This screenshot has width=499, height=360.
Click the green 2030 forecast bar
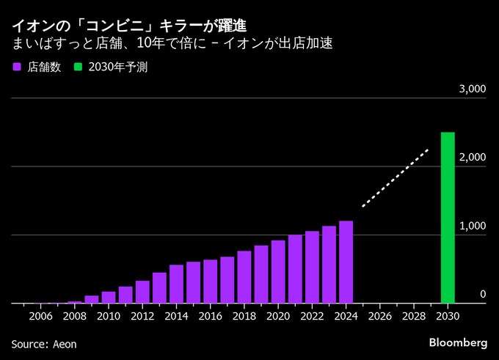point(447,218)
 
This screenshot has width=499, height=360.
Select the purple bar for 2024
point(346,262)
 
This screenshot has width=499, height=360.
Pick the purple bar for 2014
point(176,284)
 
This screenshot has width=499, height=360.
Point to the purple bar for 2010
point(109,297)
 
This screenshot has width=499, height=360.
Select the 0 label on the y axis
point(483,294)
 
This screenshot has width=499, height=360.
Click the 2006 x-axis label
point(40,316)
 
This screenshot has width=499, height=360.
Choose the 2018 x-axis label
point(244,316)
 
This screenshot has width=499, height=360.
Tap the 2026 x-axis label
point(379,316)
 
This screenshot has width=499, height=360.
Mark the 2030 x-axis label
point(447,316)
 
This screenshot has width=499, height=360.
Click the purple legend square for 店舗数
point(16,67)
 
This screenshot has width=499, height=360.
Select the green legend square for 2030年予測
point(78,67)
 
